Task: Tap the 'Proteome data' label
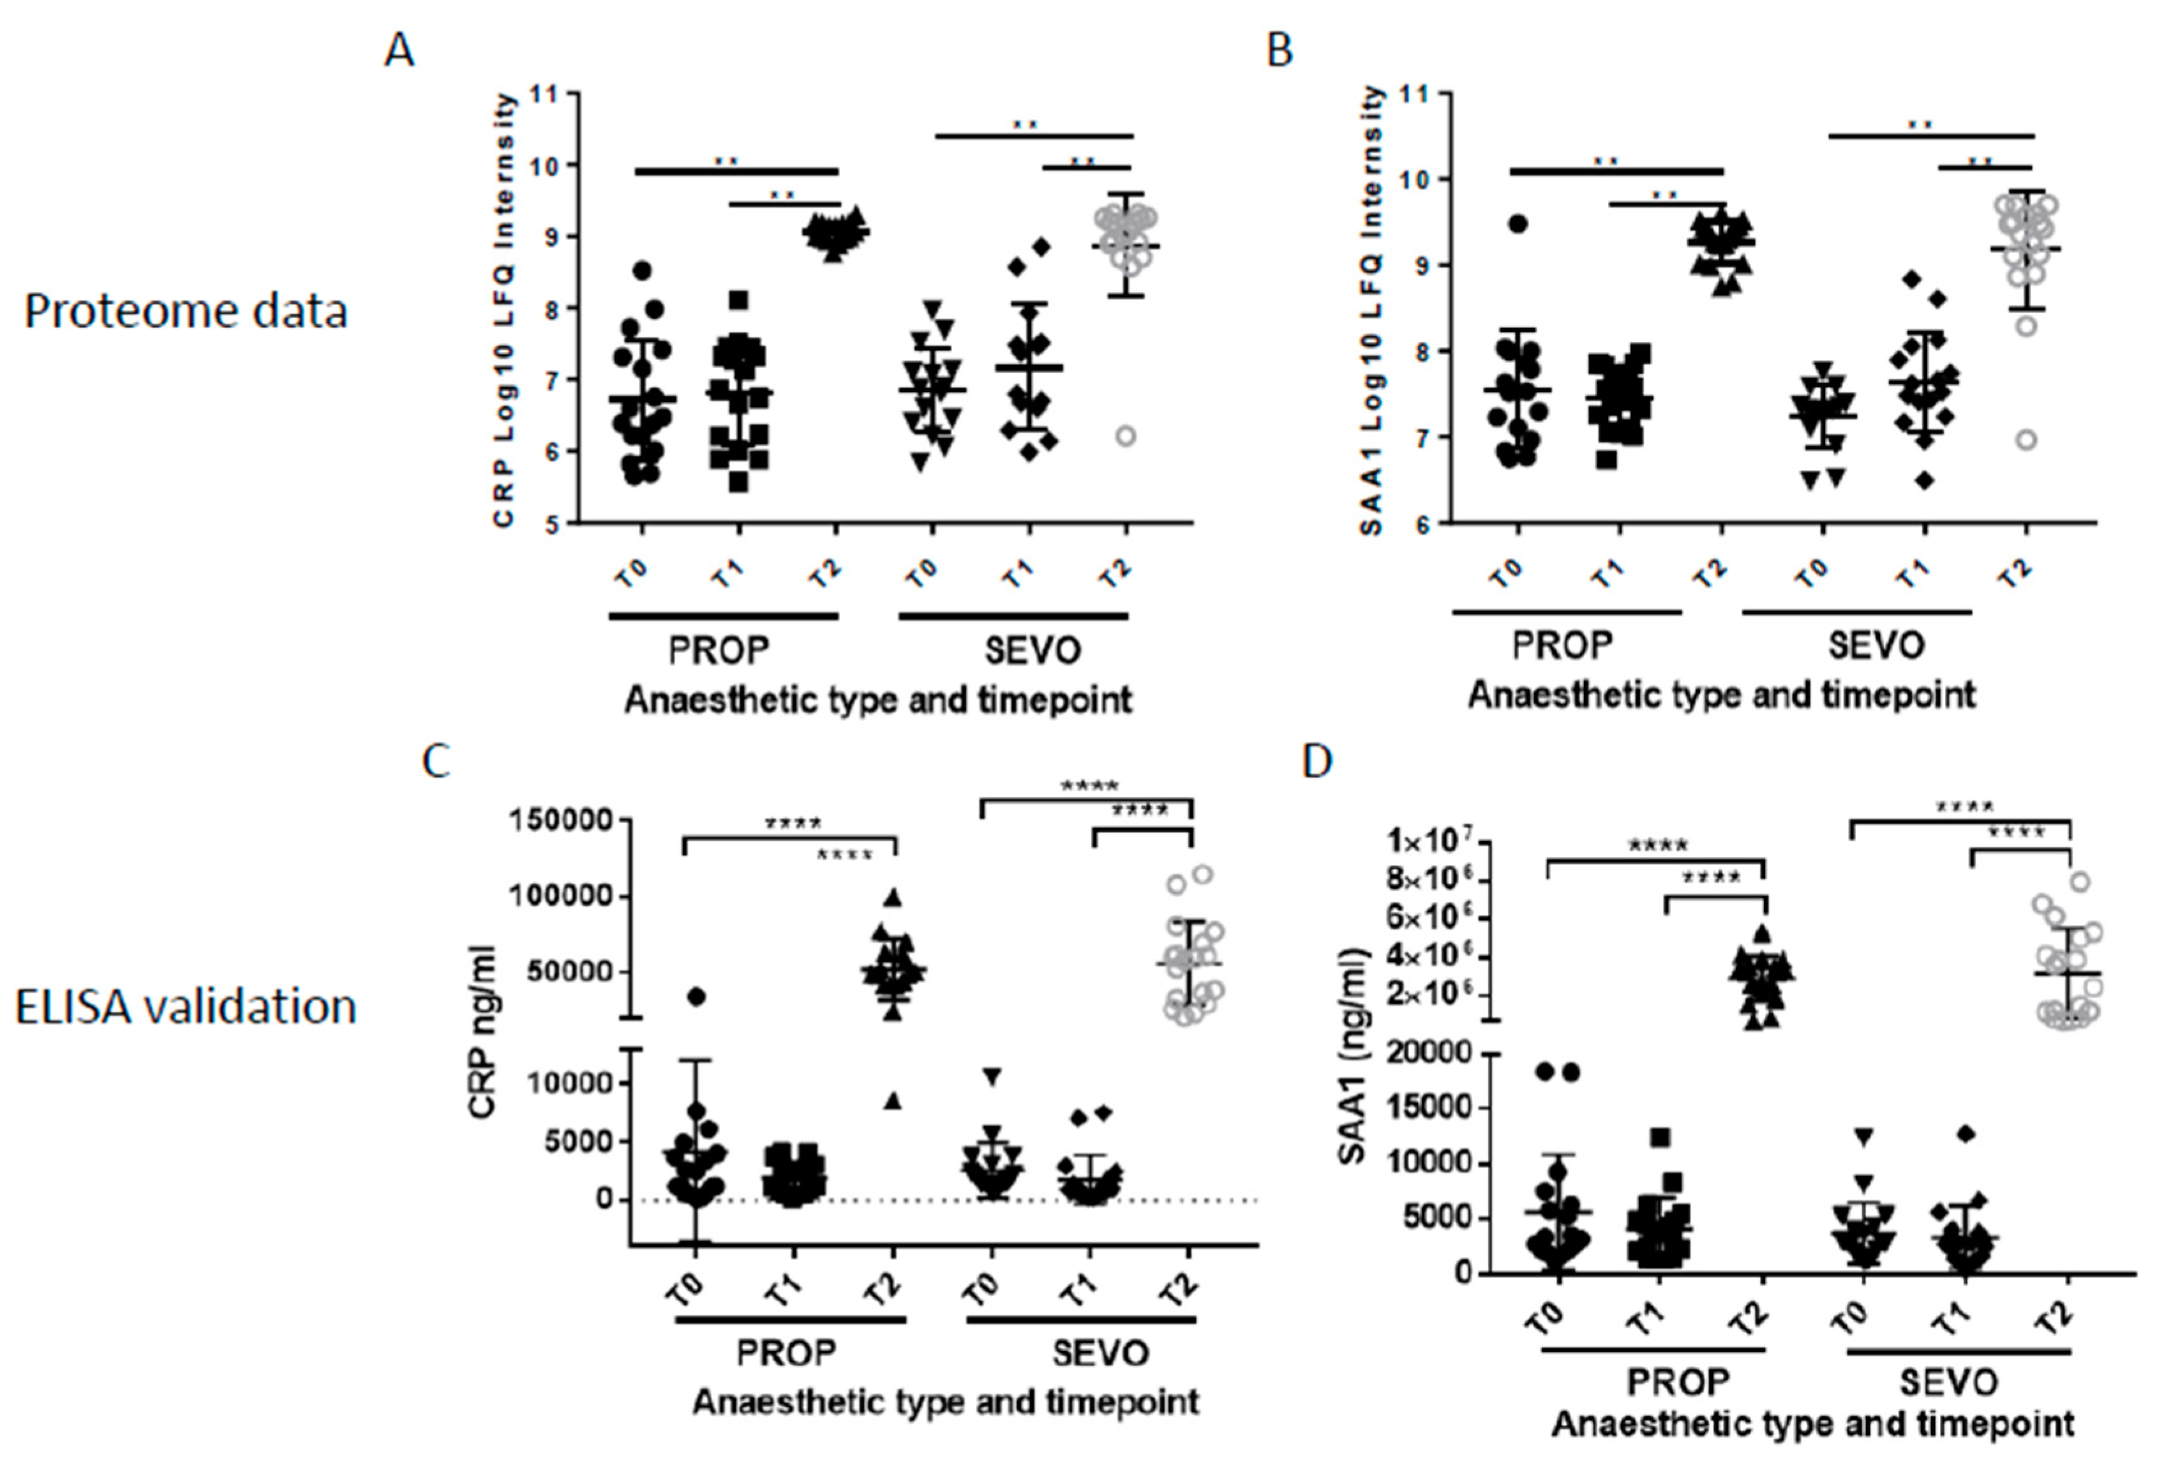(x=185, y=311)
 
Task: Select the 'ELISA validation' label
(x=185, y=1007)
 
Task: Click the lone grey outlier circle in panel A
(x=1126, y=436)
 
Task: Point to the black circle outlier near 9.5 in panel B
(x=1518, y=223)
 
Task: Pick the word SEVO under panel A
(x=1033, y=650)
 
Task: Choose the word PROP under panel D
(x=1677, y=1381)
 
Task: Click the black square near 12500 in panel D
(x=1659, y=1137)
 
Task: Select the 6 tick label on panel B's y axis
(x=1423, y=523)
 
